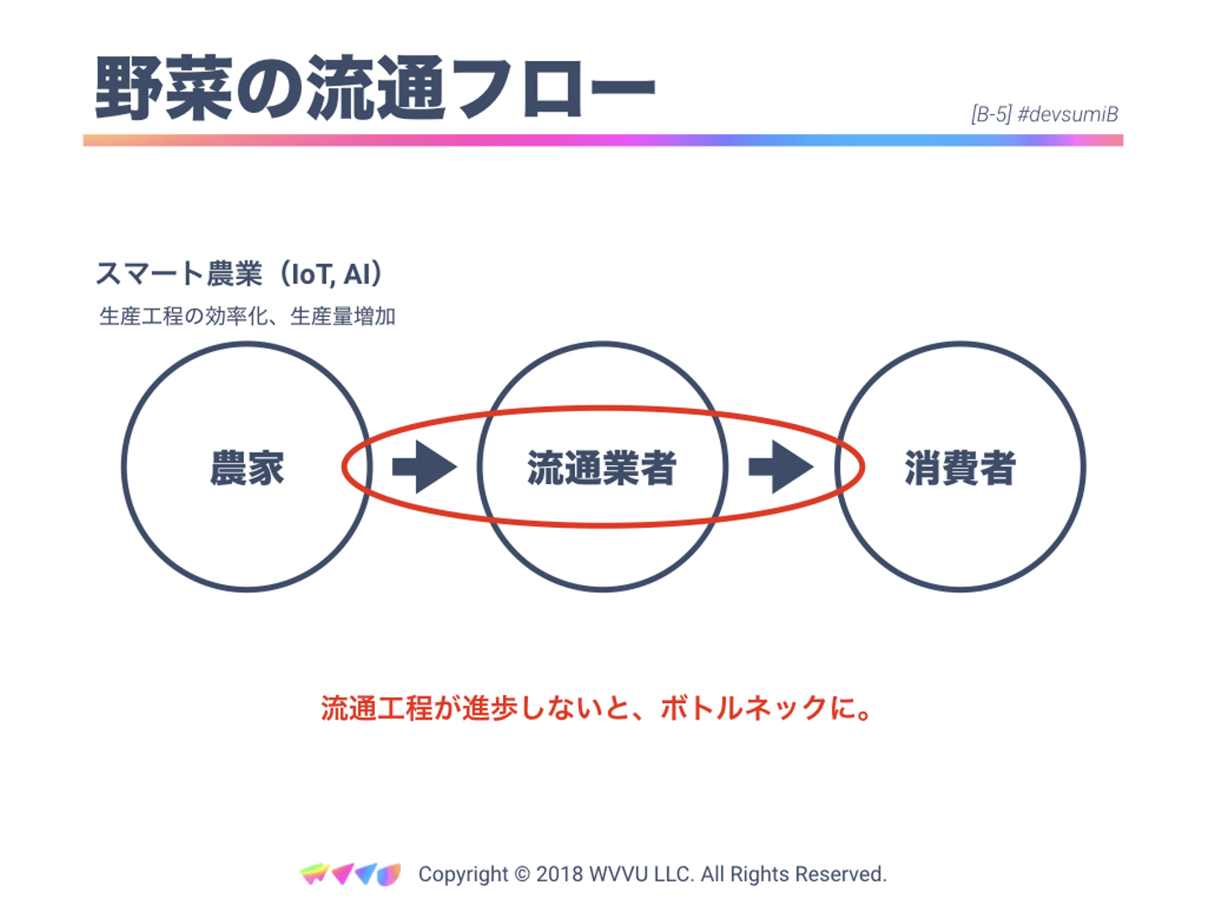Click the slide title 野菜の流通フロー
pos(375,88)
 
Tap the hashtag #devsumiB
pos(1068,115)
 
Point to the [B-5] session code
pos(991,115)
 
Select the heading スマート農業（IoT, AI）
pos(240,274)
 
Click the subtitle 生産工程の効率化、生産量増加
pos(247,317)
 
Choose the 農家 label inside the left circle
pos(247,468)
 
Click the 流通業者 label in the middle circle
pos(602,468)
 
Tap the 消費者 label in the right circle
pos(961,468)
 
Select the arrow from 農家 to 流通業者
pos(425,467)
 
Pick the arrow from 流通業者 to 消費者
pos(780,467)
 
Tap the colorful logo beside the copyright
pos(350,874)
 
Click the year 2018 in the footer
pos(559,874)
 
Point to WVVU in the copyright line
pos(619,874)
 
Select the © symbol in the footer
pos(521,874)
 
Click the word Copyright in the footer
pos(464,874)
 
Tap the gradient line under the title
pos(603,141)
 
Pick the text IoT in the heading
pos(312,274)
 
